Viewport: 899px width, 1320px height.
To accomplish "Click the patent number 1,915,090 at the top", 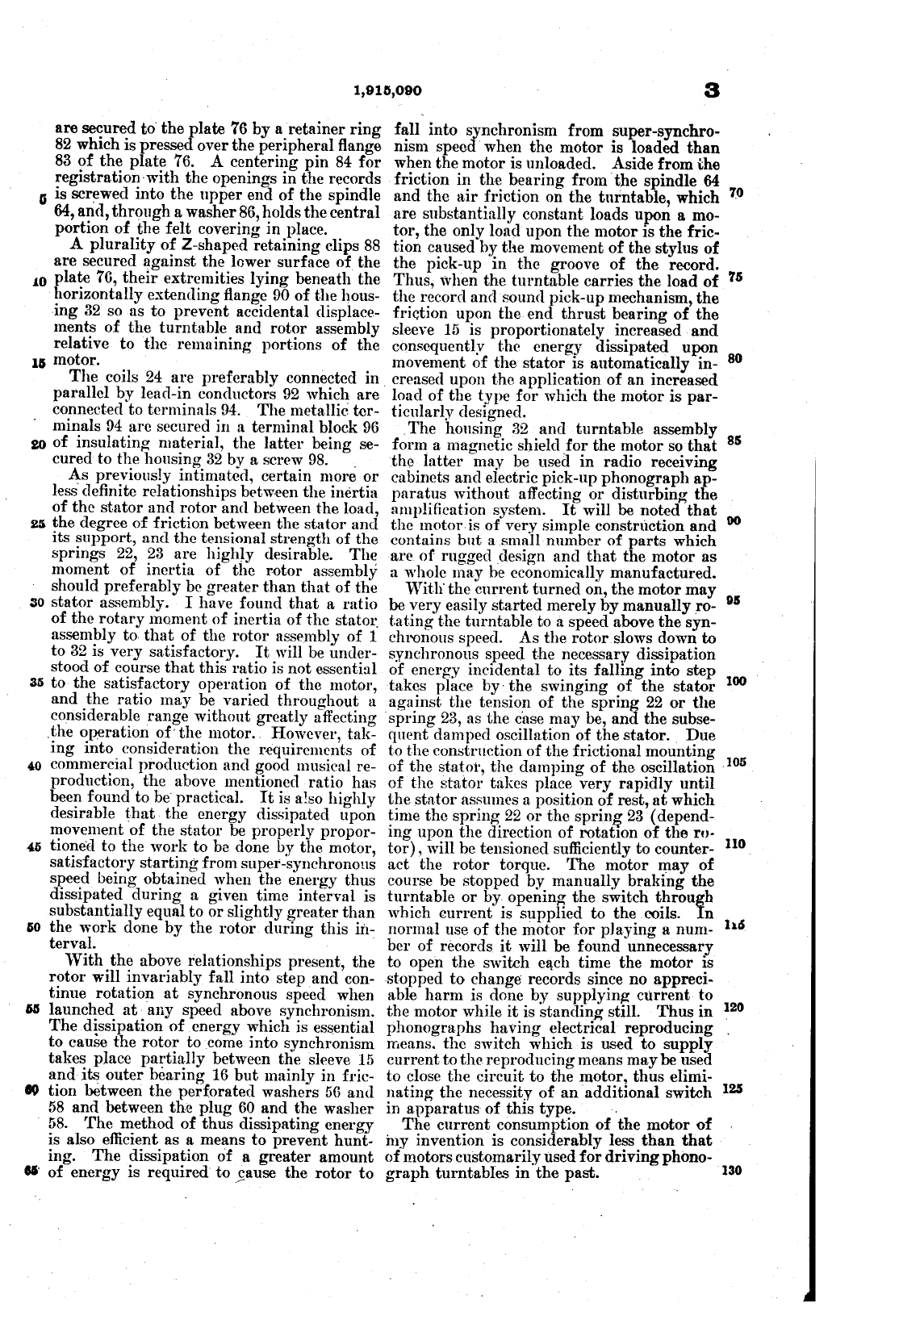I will coord(387,90).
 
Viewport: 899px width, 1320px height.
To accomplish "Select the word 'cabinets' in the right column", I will coord(415,478).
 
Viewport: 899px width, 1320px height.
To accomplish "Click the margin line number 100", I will coord(736,682).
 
